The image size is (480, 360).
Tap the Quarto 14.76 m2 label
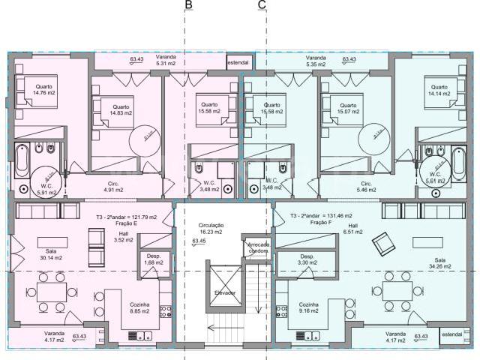pyautogui.click(x=43, y=90)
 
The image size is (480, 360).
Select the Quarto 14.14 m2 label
pyautogui.click(x=439, y=90)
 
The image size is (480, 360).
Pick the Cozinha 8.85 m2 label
pyautogui.click(x=139, y=308)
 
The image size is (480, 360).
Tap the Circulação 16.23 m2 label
pyautogui.click(x=213, y=229)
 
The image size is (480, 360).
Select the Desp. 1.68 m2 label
pyautogui.click(x=154, y=259)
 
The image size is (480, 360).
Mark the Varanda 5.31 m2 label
pyautogui.click(x=165, y=60)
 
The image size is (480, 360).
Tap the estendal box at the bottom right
pyautogui.click(x=452, y=334)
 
